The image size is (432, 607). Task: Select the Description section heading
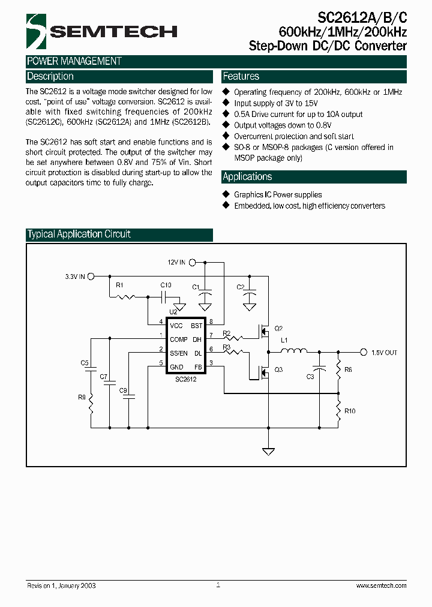pos(50,77)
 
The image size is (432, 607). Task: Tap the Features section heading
pos(241,77)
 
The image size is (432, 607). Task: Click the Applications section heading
pos(247,177)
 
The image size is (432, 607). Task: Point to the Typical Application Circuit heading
pos(79,235)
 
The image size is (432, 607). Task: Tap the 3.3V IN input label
pos(76,277)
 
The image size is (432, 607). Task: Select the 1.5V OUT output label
pos(384,353)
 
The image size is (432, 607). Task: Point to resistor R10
pos(338,411)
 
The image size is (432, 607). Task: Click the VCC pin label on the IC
pos(176,326)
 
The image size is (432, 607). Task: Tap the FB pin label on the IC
pos(197,366)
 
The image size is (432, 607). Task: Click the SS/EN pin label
pos(178,353)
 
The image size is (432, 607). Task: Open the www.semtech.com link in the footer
pos(381,585)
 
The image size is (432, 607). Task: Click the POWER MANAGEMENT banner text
pos(74,61)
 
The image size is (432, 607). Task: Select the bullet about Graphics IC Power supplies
pos(277,195)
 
